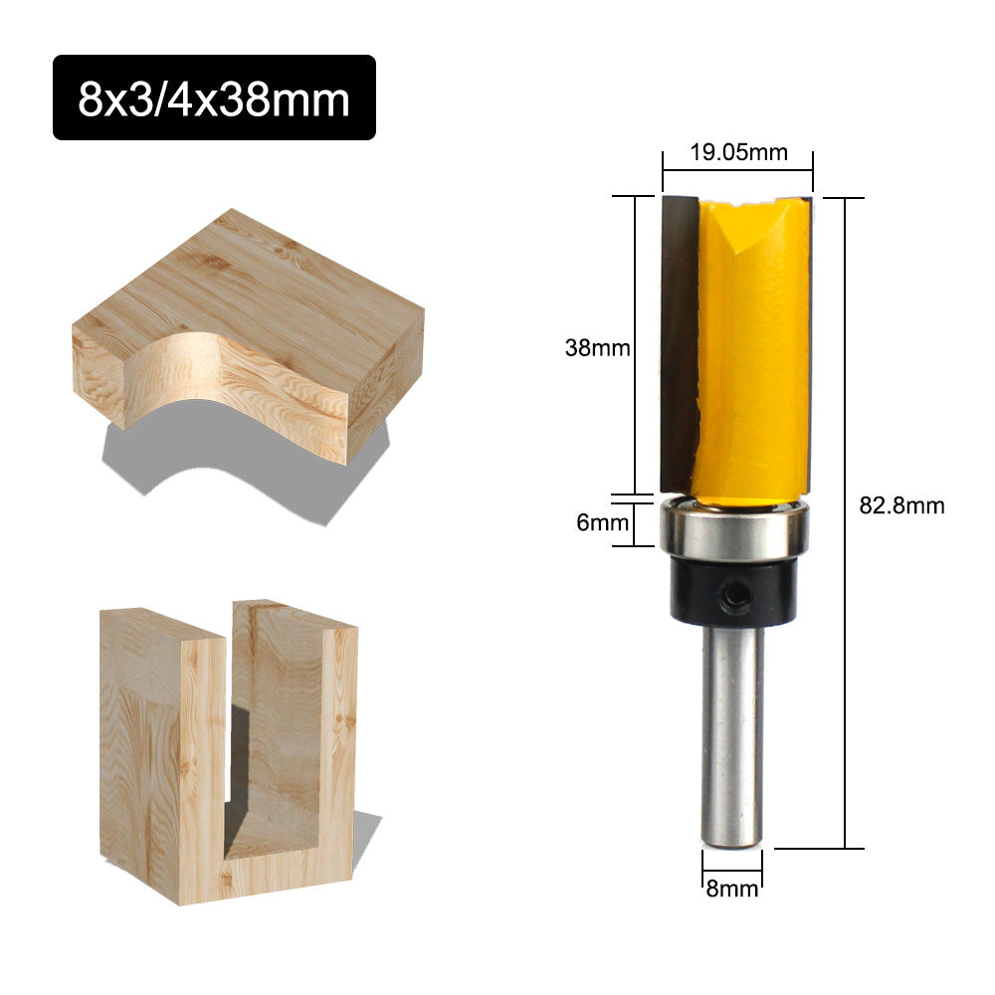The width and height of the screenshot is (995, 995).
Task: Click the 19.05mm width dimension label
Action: [738, 152]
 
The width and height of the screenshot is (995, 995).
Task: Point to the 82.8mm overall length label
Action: [901, 505]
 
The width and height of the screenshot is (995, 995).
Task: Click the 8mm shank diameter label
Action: [732, 889]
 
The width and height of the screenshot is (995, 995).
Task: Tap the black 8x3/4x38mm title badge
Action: [214, 98]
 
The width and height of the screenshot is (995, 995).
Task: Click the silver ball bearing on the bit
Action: [734, 533]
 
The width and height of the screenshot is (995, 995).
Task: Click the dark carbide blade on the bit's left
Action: [678, 338]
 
